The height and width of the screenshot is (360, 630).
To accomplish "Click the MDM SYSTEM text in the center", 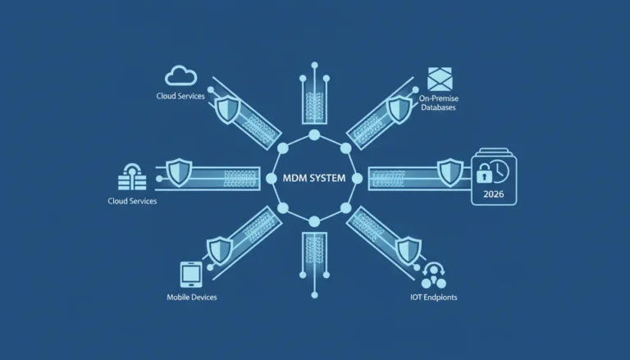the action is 314,178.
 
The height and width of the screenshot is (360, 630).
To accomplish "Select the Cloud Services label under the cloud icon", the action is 180,96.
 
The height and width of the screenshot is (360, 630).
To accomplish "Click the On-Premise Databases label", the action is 438,103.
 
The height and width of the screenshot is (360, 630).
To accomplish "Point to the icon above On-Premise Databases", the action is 440,80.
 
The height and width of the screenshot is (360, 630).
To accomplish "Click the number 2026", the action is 493,194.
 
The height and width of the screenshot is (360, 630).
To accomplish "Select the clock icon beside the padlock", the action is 500,172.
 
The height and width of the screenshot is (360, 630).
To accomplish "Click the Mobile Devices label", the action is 192,298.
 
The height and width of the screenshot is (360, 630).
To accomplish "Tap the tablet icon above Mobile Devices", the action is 191,275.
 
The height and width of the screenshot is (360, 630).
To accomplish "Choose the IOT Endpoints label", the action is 433,298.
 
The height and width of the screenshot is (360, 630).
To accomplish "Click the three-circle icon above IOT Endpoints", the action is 433,276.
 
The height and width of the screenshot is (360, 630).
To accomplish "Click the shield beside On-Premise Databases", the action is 399,109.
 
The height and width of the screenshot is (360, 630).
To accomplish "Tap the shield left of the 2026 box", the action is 450,172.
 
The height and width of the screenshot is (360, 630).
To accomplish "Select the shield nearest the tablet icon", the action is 220,251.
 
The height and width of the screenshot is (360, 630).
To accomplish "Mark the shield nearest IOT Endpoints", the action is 409,251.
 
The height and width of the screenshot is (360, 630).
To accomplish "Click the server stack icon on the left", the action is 132,177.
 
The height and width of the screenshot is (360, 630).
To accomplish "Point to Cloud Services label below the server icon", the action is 132,201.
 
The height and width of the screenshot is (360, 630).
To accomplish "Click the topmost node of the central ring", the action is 314,135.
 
